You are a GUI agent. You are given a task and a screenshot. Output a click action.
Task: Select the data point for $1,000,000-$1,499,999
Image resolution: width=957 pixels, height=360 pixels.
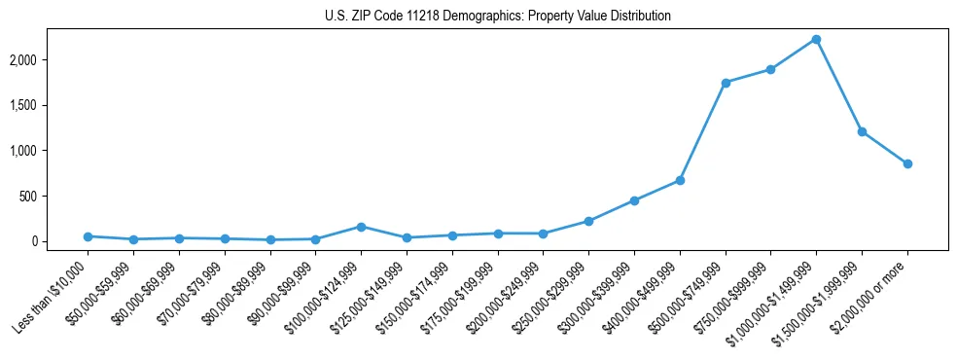click(816, 39)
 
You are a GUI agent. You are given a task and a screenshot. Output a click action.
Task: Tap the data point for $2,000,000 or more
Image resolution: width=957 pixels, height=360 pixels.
click(907, 163)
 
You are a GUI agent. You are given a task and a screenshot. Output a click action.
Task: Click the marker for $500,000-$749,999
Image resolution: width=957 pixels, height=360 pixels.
click(726, 83)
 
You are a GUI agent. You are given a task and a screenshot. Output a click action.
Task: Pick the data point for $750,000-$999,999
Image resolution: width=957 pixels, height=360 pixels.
click(770, 69)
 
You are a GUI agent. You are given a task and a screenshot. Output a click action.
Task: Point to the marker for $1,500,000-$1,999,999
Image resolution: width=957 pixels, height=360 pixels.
click(862, 131)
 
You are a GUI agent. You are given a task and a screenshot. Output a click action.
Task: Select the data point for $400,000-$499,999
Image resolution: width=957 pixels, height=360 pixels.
click(680, 180)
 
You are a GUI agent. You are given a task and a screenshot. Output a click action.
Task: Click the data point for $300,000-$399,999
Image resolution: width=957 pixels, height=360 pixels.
click(634, 200)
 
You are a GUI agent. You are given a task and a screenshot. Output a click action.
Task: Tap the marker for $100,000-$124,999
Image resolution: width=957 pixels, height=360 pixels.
click(361, 227)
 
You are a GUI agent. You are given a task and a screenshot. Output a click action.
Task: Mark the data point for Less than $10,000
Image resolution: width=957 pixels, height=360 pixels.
click(88, 236)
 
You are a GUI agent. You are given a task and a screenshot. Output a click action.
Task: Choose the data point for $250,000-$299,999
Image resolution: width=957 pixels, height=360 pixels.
click(588, 221)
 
